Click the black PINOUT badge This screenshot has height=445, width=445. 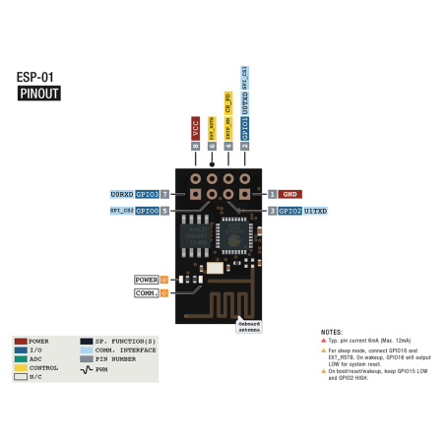[40, 95]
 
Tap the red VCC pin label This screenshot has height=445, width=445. [196, 127]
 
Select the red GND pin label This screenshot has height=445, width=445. [290, 195]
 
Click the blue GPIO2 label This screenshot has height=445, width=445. [289, 211]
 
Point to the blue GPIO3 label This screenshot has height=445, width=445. [147, 195]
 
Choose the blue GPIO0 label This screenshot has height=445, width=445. [147, 211]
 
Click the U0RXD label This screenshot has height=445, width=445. [120, 195]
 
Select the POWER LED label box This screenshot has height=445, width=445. [146, 280]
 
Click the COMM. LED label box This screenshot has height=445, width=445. [146, 292]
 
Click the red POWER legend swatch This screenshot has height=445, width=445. [21, 341]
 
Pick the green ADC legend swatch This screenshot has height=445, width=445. [21, 358]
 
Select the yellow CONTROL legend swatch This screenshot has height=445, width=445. [21, 367]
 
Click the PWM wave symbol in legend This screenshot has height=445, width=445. [87, 367]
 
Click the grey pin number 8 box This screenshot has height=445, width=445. [196, 146]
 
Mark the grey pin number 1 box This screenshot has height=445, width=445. [273, 195]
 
